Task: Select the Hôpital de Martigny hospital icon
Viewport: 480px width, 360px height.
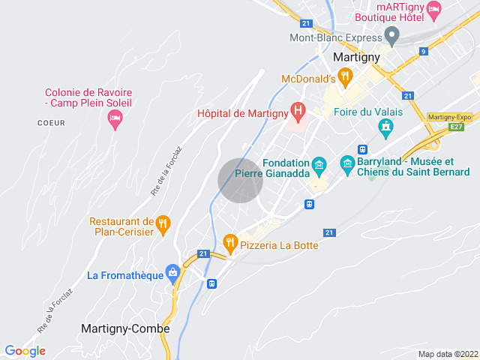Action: [298, 113]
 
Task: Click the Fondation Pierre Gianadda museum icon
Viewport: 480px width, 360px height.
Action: [319, 164]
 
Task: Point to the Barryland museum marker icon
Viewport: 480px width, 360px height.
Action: [347, 163]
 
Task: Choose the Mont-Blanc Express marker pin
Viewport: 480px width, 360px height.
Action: [391, 34]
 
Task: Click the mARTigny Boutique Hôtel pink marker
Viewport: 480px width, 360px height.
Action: [433, 10]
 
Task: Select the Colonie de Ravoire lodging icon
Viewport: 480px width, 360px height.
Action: [115, 118]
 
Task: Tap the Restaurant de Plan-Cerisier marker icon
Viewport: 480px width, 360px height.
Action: [163, 223]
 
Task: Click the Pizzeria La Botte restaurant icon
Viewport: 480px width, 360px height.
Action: [230, 242]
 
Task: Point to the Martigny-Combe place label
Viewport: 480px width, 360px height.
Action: [125, 328]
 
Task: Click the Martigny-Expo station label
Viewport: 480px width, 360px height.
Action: [448, 117]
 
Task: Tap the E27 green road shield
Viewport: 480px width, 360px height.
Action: [456, 127]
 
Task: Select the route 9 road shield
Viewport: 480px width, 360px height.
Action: [424, 52]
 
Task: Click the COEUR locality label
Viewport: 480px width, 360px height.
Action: [51, 122]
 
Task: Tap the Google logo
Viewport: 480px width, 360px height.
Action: [25, 351]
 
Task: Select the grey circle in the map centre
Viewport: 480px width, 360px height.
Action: [241, 181]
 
